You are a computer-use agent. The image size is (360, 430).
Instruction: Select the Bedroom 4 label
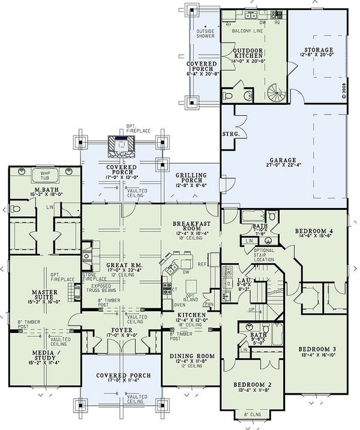[x=314, y=231]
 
